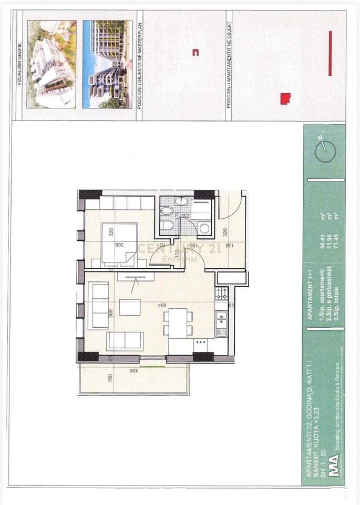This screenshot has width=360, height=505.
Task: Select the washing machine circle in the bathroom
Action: coord(204,227)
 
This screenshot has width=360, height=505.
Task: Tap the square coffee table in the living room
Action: coord(130,307)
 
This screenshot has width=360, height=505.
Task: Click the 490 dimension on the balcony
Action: coord(135,371)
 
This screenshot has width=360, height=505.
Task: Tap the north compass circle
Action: coord(324,151)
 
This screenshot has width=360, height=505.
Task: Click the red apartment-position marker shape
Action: coord(285,98)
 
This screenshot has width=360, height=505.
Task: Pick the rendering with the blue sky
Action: coord(107,64)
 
